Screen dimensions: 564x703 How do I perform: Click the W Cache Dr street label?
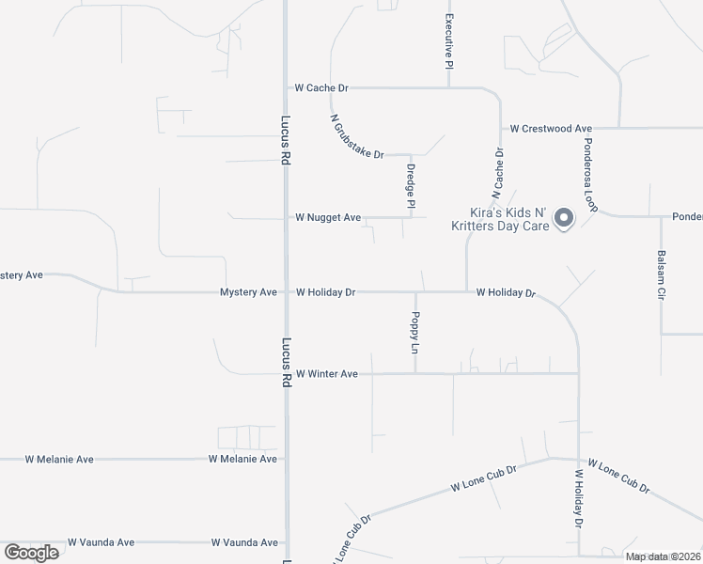click(x=321, y=87)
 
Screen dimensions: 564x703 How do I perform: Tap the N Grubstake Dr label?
click(x=357, y=137)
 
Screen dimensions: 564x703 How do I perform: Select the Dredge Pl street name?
click(x=411, y=186)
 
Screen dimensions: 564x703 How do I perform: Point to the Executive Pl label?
click(x=449, y=42)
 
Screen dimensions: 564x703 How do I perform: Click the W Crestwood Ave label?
click(x=551, y=128)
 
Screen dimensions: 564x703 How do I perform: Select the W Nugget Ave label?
click(x=328, y=217)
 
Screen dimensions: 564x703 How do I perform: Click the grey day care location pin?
click(x=564, y=218)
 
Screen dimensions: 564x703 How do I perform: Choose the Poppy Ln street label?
click(x=415, y=333)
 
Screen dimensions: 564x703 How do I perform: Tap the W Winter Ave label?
click(x=327, y=374)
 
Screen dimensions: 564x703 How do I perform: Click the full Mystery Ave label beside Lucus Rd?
click(x=248, y=292)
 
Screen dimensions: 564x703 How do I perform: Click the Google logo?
click(x=32, y=552)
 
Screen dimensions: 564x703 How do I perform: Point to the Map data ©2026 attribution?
click(x=663, y=556)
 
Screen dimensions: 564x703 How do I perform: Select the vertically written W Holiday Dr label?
click(x=578, y=497)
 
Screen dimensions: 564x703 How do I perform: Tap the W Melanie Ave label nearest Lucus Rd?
click(x=243, y=459)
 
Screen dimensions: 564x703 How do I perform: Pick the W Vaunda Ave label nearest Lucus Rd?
click(x=244, y=542)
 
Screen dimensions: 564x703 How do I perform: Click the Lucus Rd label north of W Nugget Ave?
click(x=284, y=141)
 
